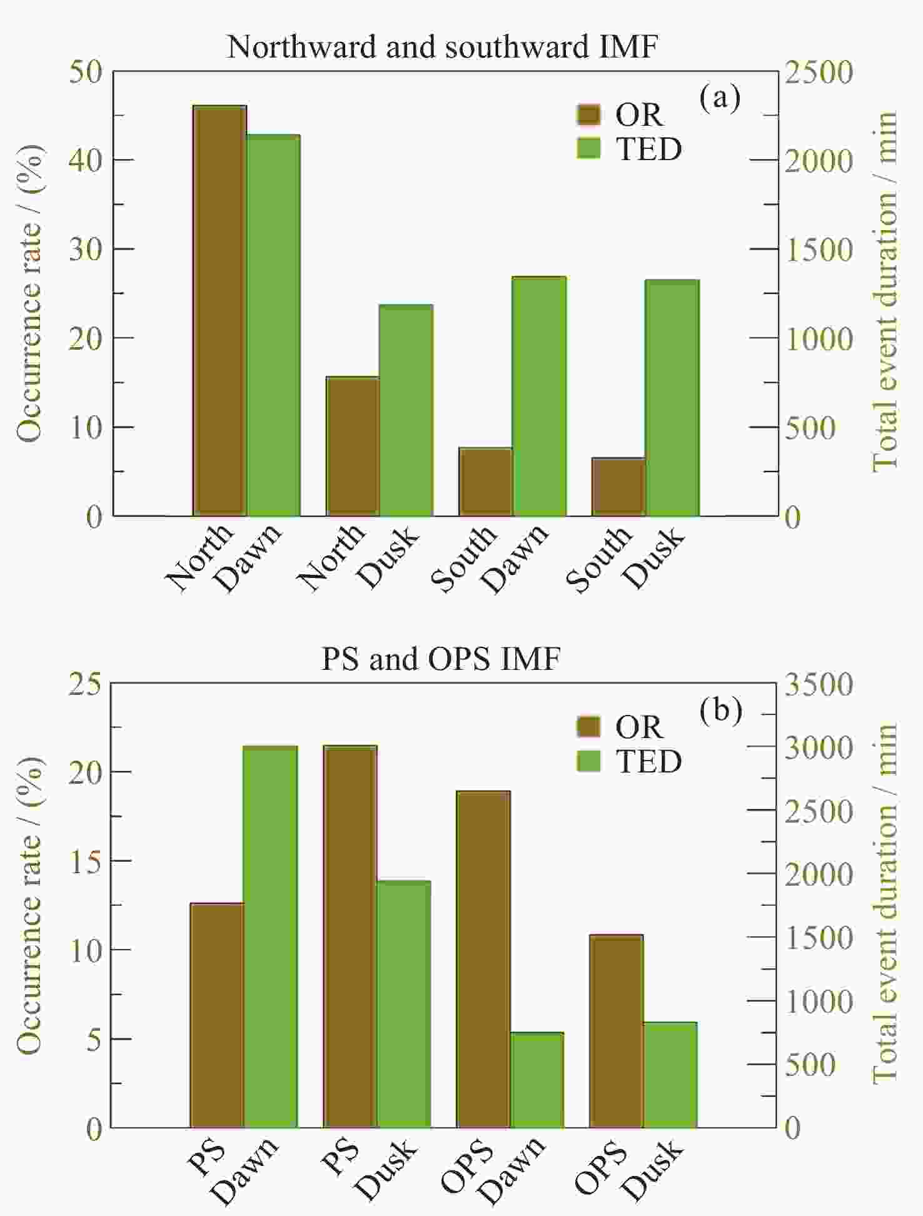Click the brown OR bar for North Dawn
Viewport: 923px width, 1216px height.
tap(219, 311)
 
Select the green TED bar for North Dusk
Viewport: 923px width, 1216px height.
tap(406, 410)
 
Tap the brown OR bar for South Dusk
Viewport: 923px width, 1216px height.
tap(618, 487)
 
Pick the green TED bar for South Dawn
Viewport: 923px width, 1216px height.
tap(539, 396)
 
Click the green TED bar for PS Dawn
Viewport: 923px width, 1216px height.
tap(270, 937)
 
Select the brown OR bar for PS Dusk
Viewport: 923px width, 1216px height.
tap(350, 937)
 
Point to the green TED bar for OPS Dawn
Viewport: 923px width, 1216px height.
tap(537, 1080)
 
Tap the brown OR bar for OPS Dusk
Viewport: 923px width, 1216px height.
tap(617, 1031)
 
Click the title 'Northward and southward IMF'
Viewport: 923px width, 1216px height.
tap(442, 47)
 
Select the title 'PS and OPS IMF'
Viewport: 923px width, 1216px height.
tap(441, 659)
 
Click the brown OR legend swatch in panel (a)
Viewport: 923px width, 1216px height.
tap(588, 114)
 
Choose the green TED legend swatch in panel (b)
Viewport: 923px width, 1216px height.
tap(588, 761)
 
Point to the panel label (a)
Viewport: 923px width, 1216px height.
tap(720, 98)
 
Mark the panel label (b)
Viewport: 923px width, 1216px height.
tap(720, 710)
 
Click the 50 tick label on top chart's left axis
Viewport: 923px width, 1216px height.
tap(86, 72)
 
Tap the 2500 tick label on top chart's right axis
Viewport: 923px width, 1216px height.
tap(819, 72)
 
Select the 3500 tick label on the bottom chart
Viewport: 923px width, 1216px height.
tap(819, 684)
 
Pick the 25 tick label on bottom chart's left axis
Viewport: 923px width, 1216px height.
tap(86, 684)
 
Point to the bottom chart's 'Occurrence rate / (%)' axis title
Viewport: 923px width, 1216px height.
tap(29, 905)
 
